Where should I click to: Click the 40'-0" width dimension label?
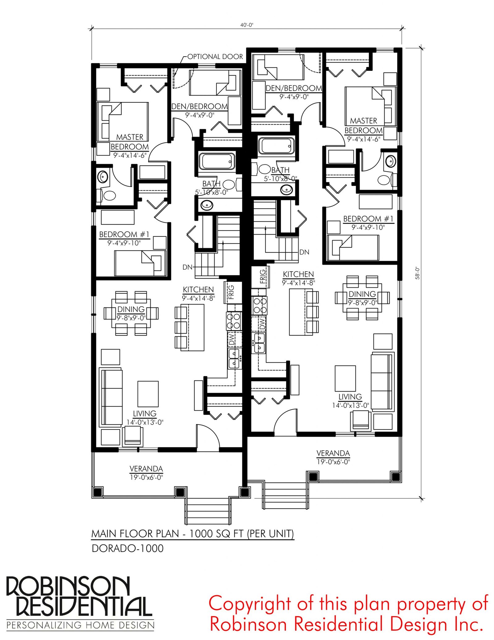click(247, 25)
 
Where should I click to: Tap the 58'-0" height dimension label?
click(417, 273)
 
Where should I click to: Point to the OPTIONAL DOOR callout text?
click(215, 57)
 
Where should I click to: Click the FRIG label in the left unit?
click(231, 292)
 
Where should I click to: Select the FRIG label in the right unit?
click(263, 276)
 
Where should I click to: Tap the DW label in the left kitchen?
click(232, 340)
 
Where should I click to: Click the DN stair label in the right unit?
click(304, 252)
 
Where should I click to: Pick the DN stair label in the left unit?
click(187, 267)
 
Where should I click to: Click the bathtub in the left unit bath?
click(217, 161)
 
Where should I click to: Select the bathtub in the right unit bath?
click(276, 146)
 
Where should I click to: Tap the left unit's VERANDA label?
click(146, 469)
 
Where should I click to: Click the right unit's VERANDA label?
click(333, 453)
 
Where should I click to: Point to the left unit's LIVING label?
click(144, 413)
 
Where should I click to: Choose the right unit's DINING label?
click(362, 294)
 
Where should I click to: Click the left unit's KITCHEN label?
click(198, 290)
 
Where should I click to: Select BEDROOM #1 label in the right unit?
click(368, 219)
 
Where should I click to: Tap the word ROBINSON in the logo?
click(68, 586)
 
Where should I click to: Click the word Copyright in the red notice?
click(249, 603)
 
